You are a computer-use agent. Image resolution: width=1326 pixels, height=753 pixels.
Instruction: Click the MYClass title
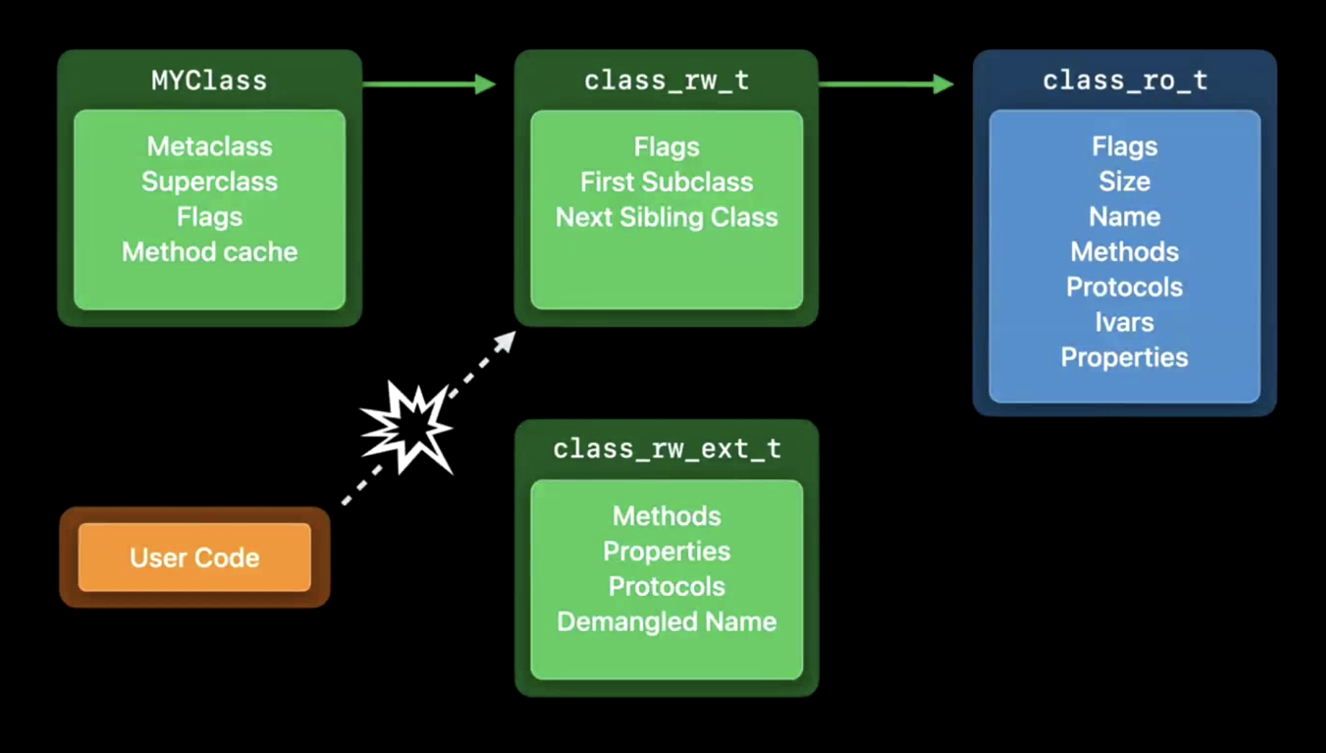(x=209, y=81)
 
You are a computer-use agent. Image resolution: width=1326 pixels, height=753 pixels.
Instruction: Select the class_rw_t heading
(x=667, y=81)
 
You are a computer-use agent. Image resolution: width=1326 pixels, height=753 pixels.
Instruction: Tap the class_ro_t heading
(x=1125, y=81)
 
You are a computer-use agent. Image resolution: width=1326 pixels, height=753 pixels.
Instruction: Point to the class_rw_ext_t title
(x=667, y=449)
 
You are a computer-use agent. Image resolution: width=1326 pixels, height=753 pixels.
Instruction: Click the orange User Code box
(x=195, y=558)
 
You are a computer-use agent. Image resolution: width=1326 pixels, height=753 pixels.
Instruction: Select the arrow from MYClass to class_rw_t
(x=429, y=84)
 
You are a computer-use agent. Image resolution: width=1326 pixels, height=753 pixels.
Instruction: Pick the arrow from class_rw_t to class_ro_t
(x=886, y=84)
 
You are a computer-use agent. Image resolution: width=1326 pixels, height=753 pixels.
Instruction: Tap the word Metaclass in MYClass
(x=209, y=146)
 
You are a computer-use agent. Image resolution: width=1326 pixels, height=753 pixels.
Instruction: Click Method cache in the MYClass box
(x=209, y=252)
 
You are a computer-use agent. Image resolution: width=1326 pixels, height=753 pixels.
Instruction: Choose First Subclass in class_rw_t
(x=667, y=182)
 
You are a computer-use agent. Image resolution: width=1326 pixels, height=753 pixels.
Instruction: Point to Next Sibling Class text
(x=667, y=217)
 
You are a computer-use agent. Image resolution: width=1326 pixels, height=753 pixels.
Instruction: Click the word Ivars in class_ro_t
(x=1124, y=322)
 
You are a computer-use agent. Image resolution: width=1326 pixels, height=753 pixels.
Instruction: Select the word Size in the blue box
(x=1124, y=181)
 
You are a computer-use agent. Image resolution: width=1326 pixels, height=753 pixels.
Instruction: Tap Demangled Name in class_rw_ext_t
(x=667, y=622)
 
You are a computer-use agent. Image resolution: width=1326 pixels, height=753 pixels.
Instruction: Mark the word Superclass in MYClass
(x=209, y=182)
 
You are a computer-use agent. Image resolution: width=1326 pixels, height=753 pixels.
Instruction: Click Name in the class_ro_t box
(x=1124, y=216)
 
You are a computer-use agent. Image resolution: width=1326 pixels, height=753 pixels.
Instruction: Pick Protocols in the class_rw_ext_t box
(x=667, y=586)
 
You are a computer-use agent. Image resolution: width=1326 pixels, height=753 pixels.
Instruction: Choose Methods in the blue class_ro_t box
(x=1124, y=252)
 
